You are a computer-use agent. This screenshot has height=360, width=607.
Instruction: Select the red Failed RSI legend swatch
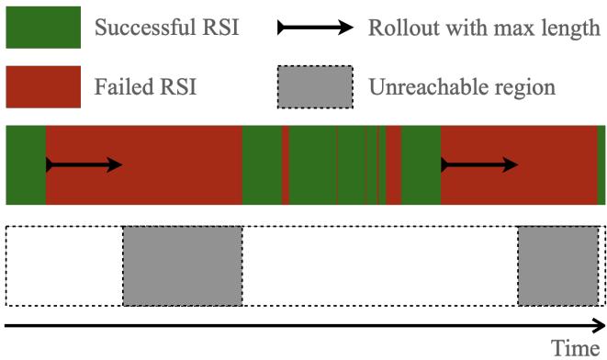[42, 86]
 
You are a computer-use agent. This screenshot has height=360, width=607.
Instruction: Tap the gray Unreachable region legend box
[315, 86]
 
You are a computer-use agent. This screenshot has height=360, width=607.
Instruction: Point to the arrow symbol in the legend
[315, 28]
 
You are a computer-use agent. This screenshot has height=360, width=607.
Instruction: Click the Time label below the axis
[575, 348]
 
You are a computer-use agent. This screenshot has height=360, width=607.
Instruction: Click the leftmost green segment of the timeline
[25, 165]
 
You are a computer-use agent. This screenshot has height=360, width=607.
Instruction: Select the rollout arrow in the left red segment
[84, 165]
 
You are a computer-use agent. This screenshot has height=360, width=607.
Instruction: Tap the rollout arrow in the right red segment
[479, 165]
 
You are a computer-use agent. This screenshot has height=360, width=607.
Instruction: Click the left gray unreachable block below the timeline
[183, 265]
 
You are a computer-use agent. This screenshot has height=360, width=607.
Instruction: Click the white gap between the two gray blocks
[380, 265]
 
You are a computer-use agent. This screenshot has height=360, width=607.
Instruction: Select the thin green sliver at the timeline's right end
[601, 165]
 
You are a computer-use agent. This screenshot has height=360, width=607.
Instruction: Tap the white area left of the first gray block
[64, 265]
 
